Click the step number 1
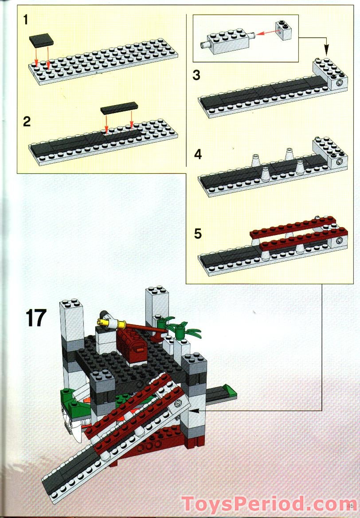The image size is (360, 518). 26,20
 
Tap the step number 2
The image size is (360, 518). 27,122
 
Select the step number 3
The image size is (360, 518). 196,75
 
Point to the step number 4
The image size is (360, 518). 198,155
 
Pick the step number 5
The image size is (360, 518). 198,233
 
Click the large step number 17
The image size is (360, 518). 36,318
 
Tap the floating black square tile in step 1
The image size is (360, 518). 42,42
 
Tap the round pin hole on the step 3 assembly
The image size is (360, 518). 339,84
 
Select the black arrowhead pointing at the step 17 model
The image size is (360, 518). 194,411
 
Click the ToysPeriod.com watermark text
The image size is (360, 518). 264,505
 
